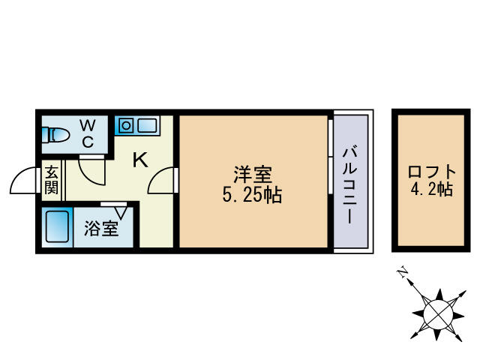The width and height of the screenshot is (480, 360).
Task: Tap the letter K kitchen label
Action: click(139, 160)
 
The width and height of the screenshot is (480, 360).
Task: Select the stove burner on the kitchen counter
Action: click(125, 124)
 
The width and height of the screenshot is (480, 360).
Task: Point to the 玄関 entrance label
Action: click(51, 179)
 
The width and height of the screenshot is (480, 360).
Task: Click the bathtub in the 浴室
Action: click(57, 226)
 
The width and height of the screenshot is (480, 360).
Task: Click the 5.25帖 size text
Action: click(252, 196)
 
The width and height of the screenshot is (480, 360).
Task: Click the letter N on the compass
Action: click(403, 272)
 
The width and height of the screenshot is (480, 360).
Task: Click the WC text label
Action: click(88, 132)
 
